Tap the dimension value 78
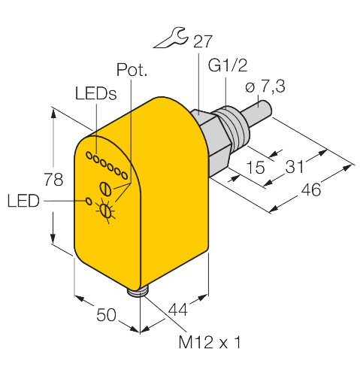[53, 180]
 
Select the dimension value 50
[106, 315]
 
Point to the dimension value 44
[178, 309]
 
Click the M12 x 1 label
[210, 342]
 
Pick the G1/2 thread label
[228, 65]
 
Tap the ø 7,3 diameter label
[265, 86]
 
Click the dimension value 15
[256, 167]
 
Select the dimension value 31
[295, 166]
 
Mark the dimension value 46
[311, 189]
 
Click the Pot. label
[132, 69]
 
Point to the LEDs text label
[96, 93]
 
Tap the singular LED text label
[23, 201]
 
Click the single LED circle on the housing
[89, 201]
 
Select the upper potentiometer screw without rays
[106, 189]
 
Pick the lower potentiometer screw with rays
[106, 211]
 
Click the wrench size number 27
[202, 41]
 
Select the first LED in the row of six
[89, 156]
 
